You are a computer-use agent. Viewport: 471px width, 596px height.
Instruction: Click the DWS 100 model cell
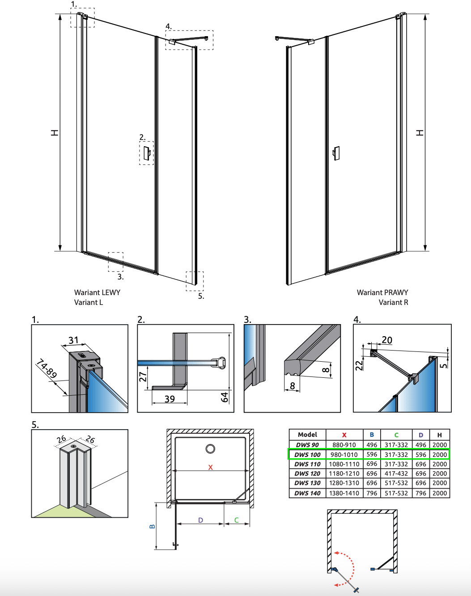pyautogui.click(x=307, y=455)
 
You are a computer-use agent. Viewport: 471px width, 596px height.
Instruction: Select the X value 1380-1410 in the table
pyautogui.click(x=344, y=493)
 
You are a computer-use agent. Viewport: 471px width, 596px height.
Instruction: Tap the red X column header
pyautogui.click(x=344, y=435)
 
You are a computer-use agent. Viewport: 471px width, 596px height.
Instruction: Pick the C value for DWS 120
pyautogui.click(x=396, y=473)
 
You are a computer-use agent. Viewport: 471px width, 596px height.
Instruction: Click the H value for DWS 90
pyautogui.click(x=439, y=445)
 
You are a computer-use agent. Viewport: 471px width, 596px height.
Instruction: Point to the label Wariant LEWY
pyautogui.click(x=97, y=292)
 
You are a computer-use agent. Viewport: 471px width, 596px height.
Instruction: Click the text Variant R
pyautogui.click(x=393, y=302)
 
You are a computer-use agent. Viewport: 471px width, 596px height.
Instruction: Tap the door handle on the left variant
pyautogui.click(x=147, y=153)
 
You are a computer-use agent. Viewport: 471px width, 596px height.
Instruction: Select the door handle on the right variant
pyautogui.click(x=336, y=153)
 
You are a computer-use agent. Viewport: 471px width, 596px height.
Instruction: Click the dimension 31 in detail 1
pyautogui.click(x=73, y=341)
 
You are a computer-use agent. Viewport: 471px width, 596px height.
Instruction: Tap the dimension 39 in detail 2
pyautogui.click(x=170, y=399)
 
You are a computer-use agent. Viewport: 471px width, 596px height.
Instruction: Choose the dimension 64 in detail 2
pyautogui.click(x=225, y=396)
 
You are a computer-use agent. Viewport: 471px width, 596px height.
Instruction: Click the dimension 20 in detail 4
pyautogui.click(x=387, y=340)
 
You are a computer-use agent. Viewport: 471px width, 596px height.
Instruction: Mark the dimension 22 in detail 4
pyautogui.click(x=359, y=366)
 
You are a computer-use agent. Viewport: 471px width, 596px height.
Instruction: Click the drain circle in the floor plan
pyautogui.click(x=210, y=448)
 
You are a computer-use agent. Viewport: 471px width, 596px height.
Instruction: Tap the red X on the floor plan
pyautogui.click(x=210, y=467)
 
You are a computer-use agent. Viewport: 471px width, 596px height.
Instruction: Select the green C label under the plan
pyautogui.click(x=236, y=520)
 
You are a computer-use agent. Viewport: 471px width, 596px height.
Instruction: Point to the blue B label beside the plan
pyautogui.click(x=152, y=526)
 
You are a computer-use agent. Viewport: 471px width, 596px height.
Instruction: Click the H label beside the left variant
pyautogui.click(x=55, y=133)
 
